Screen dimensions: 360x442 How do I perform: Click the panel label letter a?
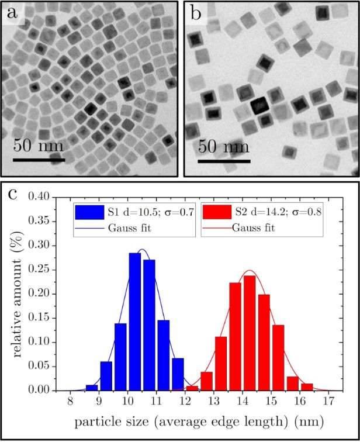tap(12, 13)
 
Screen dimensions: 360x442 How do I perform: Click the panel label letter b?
tap(196, 13)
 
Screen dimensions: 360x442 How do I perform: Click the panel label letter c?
tap(12, 194)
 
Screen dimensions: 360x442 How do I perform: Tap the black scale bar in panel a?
tap(39, 160)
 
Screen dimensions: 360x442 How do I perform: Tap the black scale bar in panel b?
tap(224, 161)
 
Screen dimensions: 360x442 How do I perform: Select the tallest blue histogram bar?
tap(134, 322)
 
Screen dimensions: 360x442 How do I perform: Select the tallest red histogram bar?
tap(250, 333)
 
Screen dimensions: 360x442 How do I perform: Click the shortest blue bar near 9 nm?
tap(92, 388)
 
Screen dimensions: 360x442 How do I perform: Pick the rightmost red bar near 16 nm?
tap(307, 387)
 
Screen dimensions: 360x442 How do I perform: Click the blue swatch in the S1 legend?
tap(89, 212)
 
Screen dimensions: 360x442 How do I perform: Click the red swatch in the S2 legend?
tap(217, 212)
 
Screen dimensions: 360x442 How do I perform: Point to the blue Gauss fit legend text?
tap(130, 228)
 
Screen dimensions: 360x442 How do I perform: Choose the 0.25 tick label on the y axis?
tap(39, 270)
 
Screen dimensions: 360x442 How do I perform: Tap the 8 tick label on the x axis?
tap(70, 401)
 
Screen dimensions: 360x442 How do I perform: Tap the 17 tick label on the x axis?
tap(328, 401)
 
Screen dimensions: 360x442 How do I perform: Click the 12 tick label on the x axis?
tap(185, 401)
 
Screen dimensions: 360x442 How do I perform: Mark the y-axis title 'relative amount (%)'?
tap(18, 294)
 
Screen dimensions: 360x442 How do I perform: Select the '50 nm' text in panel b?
tap(224, 147)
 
